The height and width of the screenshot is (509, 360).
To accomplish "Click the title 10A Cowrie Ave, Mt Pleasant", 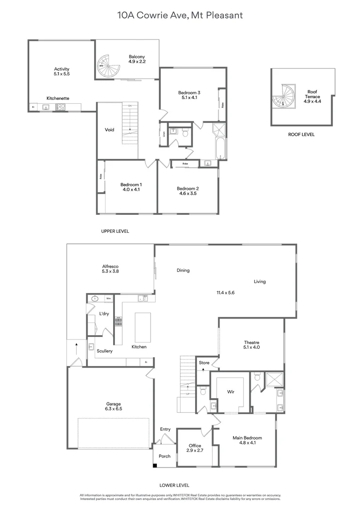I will [180, 16].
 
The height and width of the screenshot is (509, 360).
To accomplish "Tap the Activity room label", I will [62, 69].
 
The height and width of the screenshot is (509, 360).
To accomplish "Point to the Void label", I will [109, 130].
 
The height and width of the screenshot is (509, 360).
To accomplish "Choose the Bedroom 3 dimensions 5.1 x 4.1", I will [189, 98].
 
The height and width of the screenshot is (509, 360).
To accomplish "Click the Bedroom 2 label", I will [188, 189].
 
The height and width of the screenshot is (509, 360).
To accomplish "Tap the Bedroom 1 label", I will [131, 184].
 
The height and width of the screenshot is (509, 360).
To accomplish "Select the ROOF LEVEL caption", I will [301, 135].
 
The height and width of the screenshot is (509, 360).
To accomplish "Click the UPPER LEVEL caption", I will [115, 231].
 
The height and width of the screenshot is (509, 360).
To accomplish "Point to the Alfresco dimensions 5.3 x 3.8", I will [110, 271].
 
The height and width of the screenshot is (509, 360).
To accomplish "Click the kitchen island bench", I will [143, 327].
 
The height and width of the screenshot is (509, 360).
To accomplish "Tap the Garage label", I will [113, 404].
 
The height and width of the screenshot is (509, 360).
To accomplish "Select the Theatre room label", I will [252, 343].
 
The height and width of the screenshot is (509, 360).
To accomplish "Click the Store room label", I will [204, 363].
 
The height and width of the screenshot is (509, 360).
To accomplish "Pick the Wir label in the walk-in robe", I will [230, 392].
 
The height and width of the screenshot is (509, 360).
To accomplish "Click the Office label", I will [195, 445].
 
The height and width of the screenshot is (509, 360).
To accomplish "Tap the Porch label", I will [164, 456].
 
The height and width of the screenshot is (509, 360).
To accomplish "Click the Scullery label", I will [105, 351].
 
